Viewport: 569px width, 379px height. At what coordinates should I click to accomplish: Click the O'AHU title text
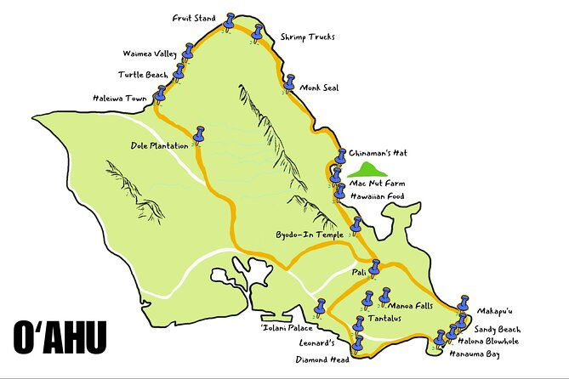tap(60, 337)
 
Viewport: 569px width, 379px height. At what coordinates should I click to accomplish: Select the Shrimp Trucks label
tap(308, 37)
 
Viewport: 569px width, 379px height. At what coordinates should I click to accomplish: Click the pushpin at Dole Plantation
tap(201, 135)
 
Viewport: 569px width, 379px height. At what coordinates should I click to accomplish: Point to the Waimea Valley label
tap(149, 54)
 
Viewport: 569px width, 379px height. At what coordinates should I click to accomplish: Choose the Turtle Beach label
tap(144, 75)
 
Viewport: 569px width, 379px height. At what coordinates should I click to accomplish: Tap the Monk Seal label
tap(321, 87)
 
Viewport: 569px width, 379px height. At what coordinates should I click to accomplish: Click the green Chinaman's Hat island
tap(367, 169)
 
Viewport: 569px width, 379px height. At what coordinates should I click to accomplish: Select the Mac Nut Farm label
tap(378, 183)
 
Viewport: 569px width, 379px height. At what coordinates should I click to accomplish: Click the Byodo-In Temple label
tap(309, 234)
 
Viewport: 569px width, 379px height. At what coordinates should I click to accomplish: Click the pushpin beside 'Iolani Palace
tap(321, 307)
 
